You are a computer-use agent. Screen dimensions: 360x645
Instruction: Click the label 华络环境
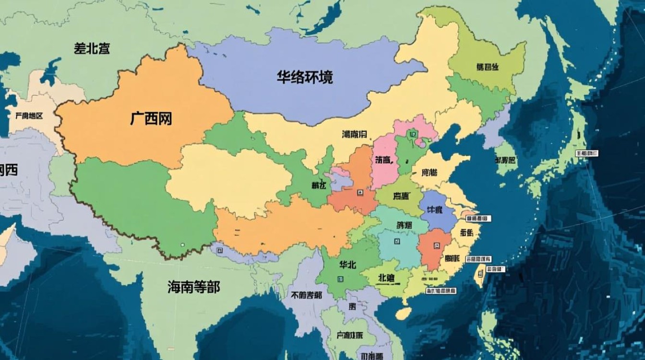click(305, 77)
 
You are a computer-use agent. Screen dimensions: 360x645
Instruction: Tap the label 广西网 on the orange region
click(151, 118)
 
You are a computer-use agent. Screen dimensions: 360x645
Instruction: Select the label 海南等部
click(193, 287)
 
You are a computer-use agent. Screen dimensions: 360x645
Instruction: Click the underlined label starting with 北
click(387, 278)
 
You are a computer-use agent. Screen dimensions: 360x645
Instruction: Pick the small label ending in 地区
click(29, 116)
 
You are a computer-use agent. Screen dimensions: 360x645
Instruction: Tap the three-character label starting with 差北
click(92, 48)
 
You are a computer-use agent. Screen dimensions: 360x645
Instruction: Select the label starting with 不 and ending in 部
click(306, 295)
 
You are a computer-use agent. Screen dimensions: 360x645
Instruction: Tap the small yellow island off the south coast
click(404, 313)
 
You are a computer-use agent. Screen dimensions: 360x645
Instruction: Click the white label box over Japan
click(587, 153)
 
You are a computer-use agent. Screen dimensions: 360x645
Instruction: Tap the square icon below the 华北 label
click(341, 279)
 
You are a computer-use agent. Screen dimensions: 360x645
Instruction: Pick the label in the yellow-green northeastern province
click(487, 67)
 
